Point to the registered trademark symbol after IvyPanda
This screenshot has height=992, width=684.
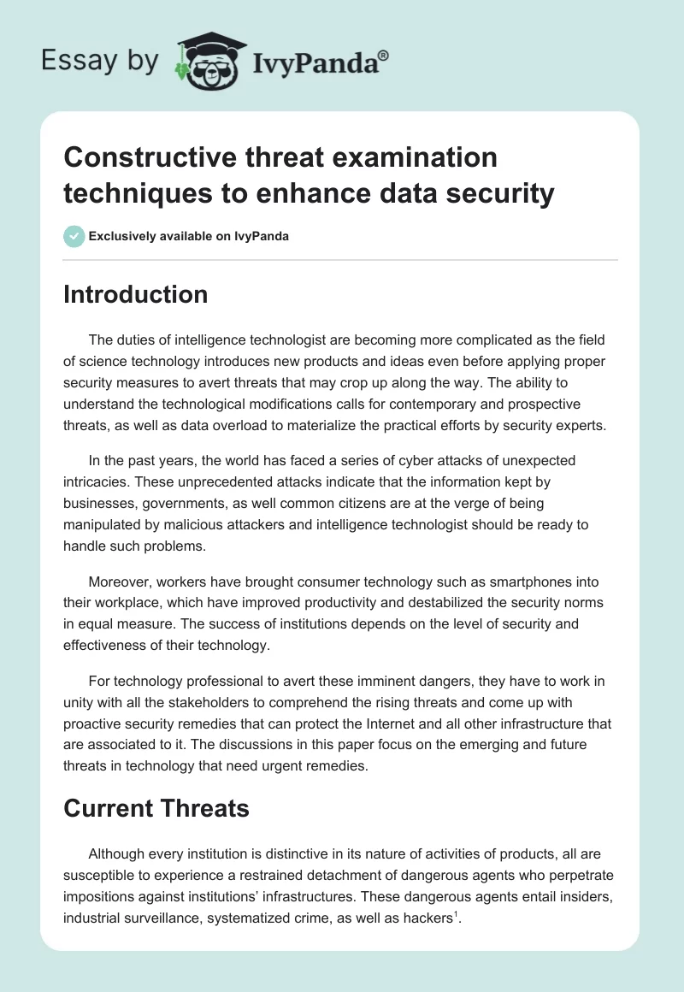click(x=384, y=54)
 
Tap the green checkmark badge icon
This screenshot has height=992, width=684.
click(x=74, y=236)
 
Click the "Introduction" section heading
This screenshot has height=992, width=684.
click(x=135, y=294)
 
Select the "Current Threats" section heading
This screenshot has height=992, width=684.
click(x=156, y=808)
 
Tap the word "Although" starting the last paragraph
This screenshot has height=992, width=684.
click(x=118, y=854)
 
